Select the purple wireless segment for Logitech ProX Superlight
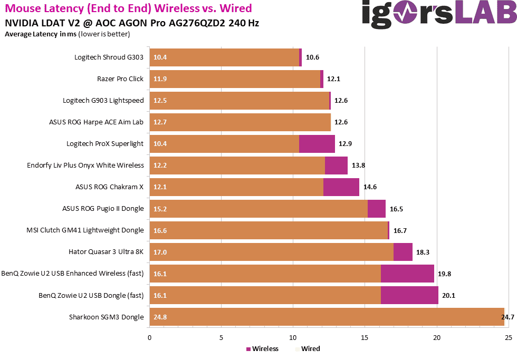click(317, 143)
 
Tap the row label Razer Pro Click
click(120, 79)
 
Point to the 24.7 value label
click(508, 317)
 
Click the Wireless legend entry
click(262, 348)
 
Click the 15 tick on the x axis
click(365, 337)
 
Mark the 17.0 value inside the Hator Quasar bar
click(160, 252)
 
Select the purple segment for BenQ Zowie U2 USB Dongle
click(409, 295)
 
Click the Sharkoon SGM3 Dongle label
click(106, 317)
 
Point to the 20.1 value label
click(448, 296)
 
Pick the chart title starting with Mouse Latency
click(129, 8)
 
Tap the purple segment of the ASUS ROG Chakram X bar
click(341, 187)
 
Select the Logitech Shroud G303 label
click(109, 57)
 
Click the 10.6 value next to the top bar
click(312, 57)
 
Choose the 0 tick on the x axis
click(150, 337)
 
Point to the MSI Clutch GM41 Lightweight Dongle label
click(85, 230)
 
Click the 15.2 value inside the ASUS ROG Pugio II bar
click(160, 209)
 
